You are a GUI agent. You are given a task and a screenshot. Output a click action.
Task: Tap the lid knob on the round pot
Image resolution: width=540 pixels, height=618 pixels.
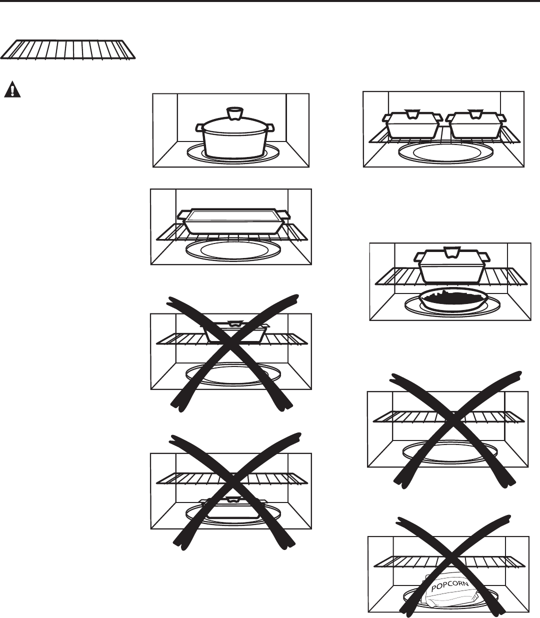[x=233, y=113]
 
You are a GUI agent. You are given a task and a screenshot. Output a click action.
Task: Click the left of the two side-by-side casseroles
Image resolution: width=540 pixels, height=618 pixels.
[x=412, y=125]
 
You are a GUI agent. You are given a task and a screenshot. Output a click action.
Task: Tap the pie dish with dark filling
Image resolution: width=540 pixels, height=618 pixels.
[x=453, y=300]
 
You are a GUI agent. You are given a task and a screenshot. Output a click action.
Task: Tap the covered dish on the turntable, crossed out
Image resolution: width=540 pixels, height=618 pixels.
[x=233, y=509]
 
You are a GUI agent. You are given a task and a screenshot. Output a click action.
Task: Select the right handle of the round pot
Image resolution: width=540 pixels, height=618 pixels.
[x=270, y=128]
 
